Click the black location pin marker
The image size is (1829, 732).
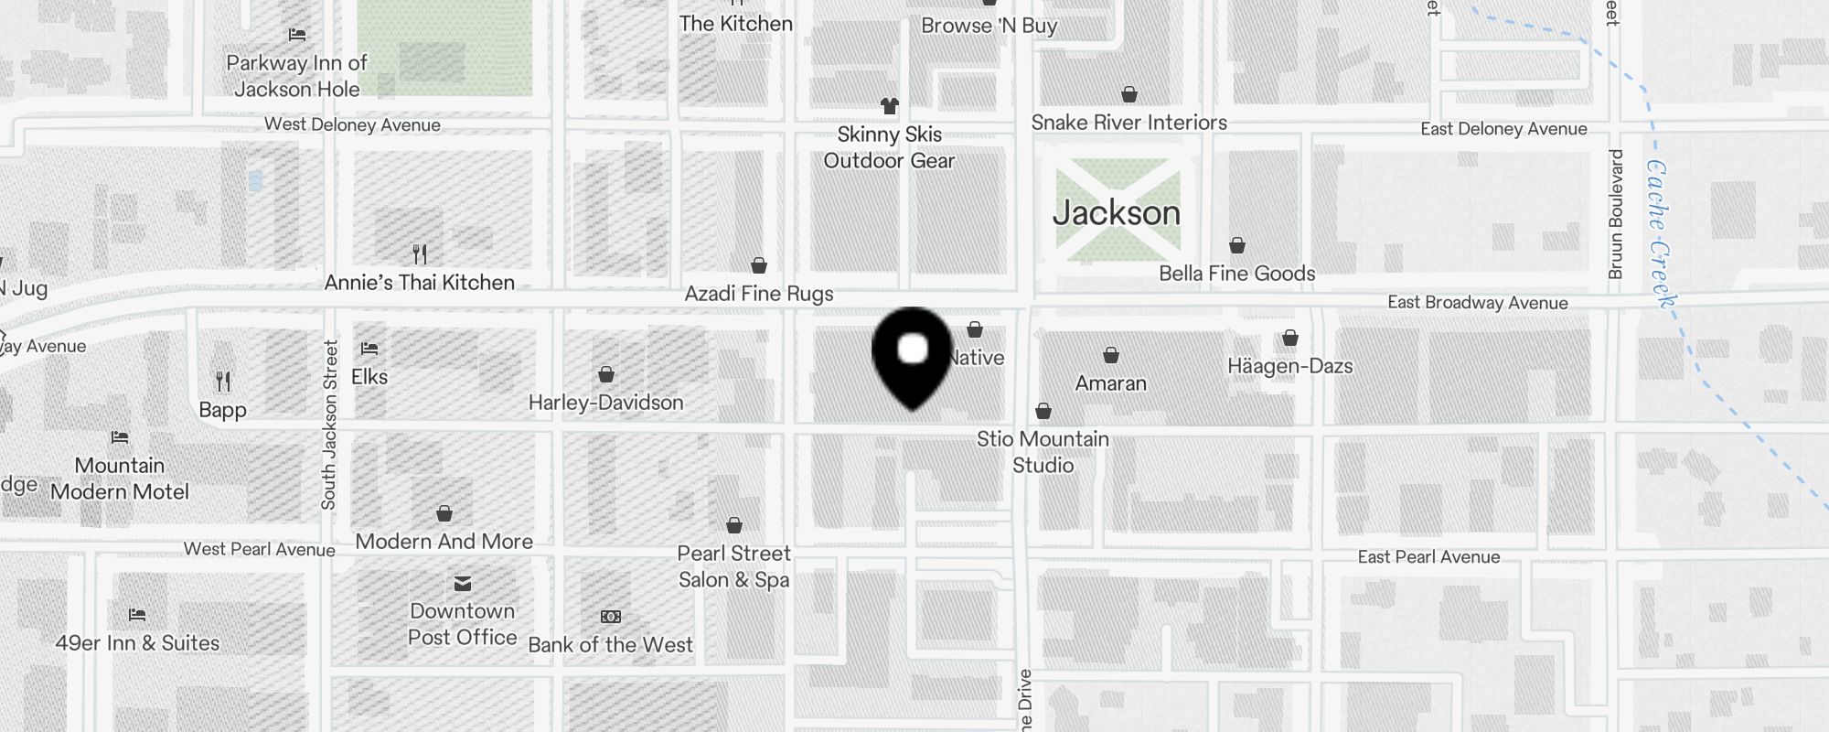tap(913, 356)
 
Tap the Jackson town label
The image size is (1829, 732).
tap(1117, 213)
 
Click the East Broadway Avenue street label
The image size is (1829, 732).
tap(1477, 303)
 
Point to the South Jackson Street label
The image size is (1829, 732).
tap(329, 425)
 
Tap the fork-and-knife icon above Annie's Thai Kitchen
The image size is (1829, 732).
tap(420, 253)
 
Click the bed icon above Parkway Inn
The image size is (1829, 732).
tap(297, 35)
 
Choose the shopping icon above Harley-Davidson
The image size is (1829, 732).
tap(605, 374)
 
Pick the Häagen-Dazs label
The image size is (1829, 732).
tap(1289, 366)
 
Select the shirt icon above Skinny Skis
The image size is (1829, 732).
tap(889, 106)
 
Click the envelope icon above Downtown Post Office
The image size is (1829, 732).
tap(463, 584)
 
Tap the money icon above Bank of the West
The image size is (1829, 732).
tap(610, 617)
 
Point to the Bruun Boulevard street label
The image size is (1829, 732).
tap(1616, 214)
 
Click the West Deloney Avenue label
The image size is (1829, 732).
tap(352, 124)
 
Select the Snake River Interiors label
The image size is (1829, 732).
tap(1128, 123)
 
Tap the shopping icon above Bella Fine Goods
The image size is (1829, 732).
tap(1236, 245)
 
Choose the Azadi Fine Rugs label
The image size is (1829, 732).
tap(758, 294)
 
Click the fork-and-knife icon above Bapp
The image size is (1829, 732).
tap(223, 381)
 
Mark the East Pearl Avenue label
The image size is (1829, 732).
tap(1428, 556)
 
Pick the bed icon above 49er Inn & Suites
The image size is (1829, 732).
tap(137, 615)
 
